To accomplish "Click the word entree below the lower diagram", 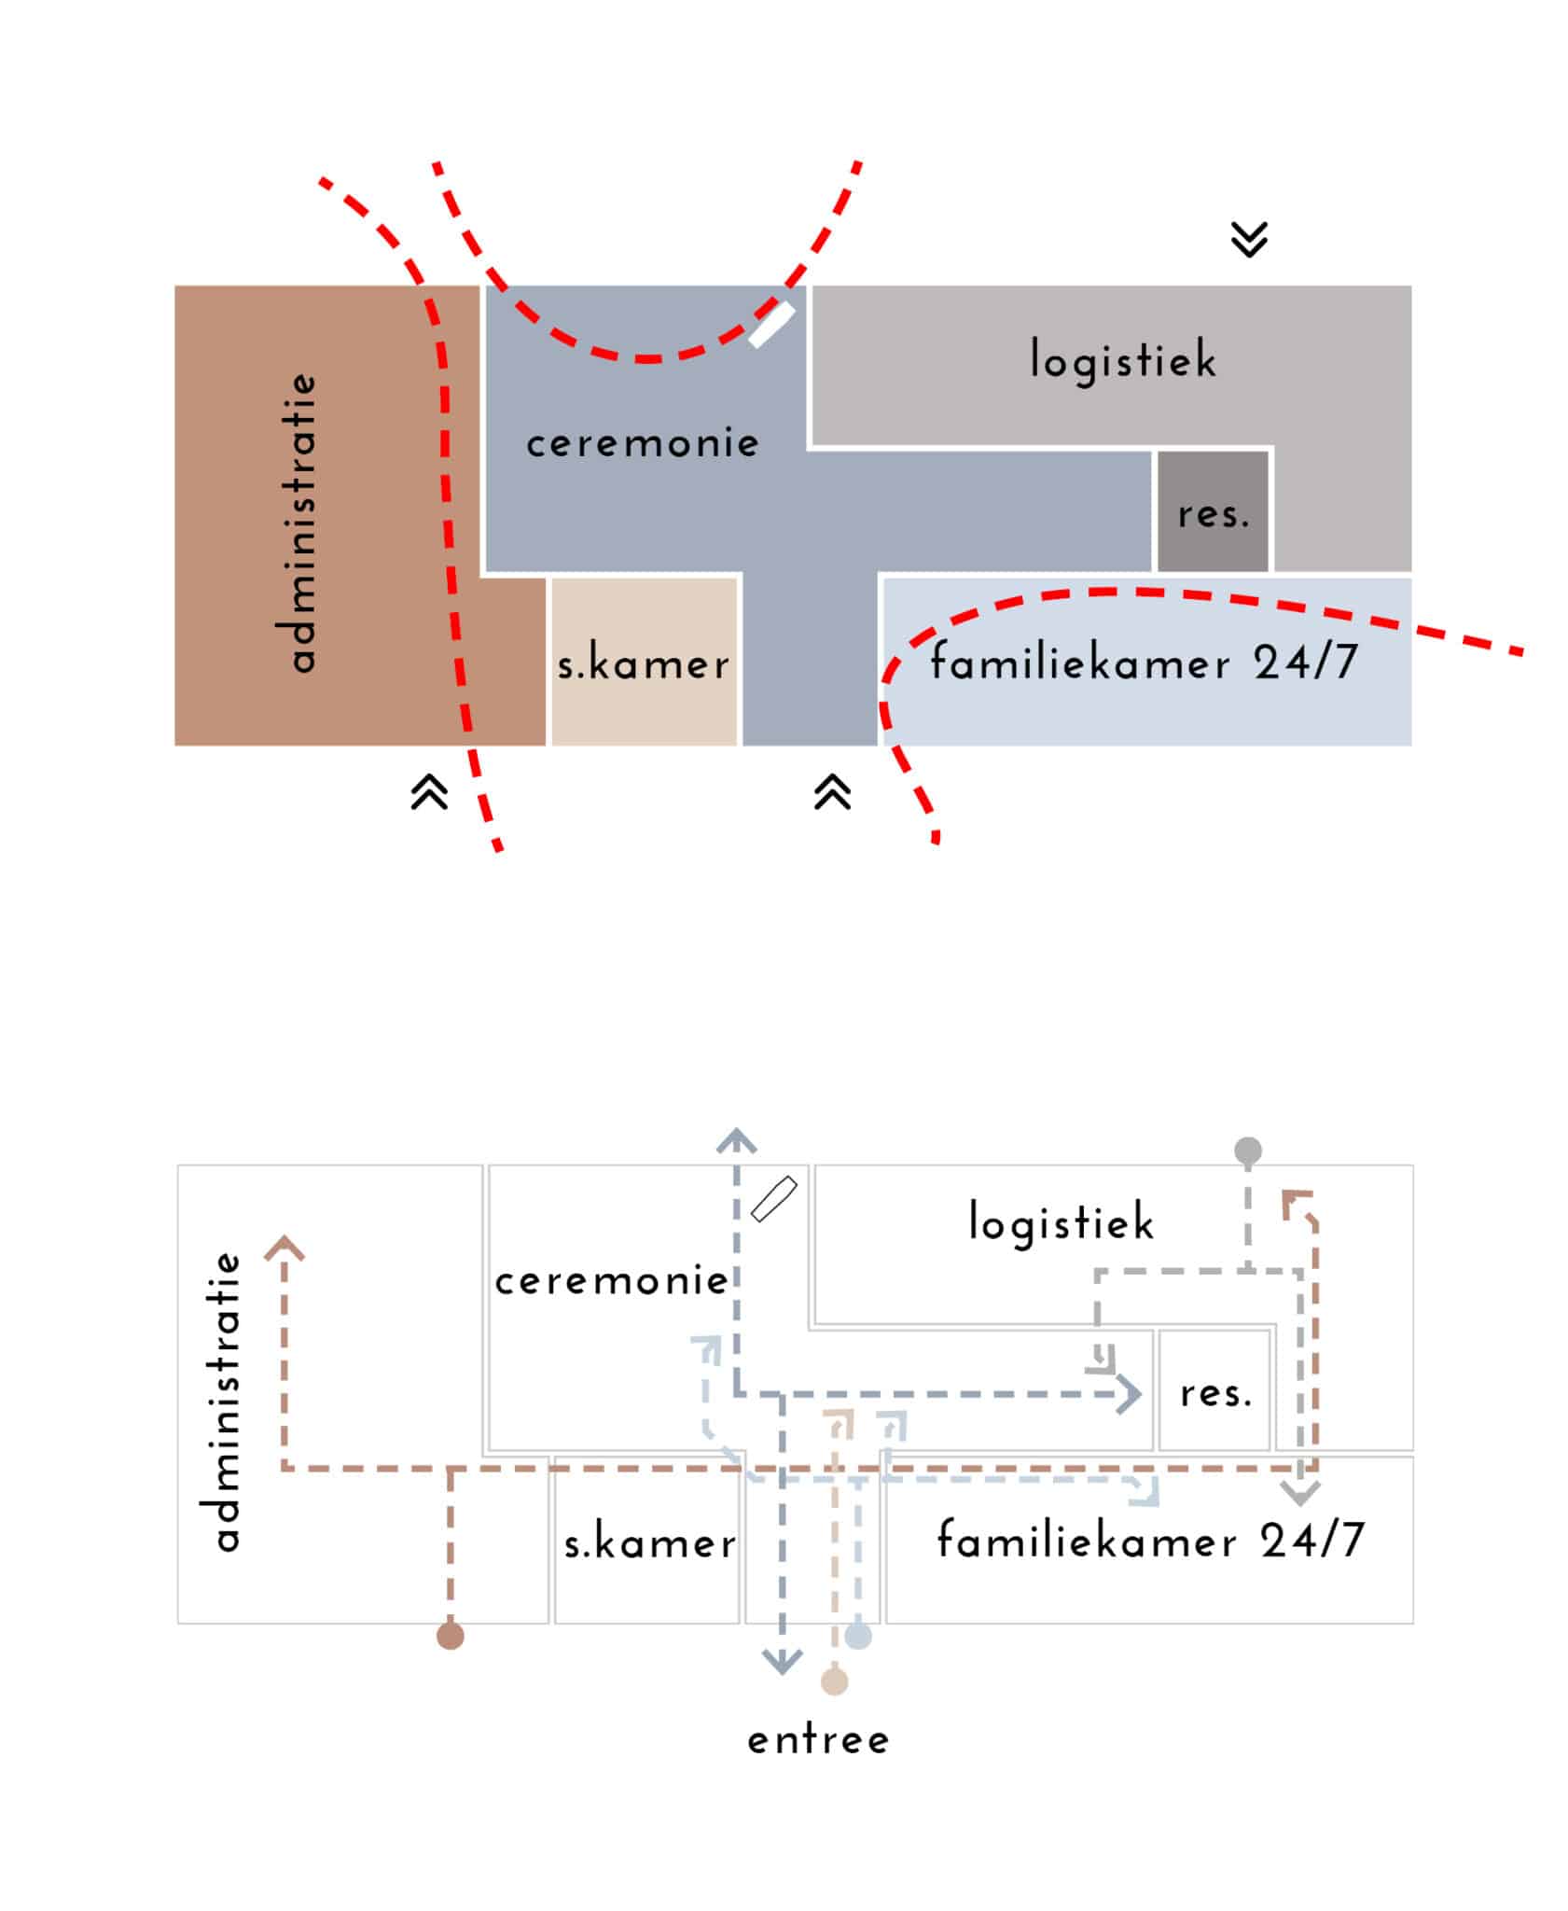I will (x=818, y=1740).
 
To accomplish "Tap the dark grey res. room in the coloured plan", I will (x=1212, y=511).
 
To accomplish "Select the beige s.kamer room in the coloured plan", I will (x=644, y=661).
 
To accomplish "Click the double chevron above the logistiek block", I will (x=1249, y=239).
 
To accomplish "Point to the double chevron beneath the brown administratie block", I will (x=429, y=793).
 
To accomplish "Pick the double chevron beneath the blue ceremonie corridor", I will (x=832, y=793).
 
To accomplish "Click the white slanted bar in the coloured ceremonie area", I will (x=771, y=324).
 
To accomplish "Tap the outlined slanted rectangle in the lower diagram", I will (x=773, y=1199).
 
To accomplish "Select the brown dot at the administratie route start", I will (x=451, y=1636).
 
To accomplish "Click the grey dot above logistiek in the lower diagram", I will (x=1248, y=1151).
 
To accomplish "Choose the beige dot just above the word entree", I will (x=835, y=1681).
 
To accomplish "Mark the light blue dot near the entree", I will (x=858, y=1636).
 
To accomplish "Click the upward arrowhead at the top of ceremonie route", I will (x=737, y=1140).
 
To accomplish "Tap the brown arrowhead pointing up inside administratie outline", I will (x=284, y=1248).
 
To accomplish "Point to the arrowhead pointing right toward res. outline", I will (x=1131, y=1395).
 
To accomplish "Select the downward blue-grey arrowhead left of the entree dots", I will (x=782, y=1661).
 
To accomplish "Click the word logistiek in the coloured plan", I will (x=1123, y=360).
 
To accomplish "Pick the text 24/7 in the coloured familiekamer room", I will (x=1305, y=663).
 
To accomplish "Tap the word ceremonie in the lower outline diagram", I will (x=611, y=1281).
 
